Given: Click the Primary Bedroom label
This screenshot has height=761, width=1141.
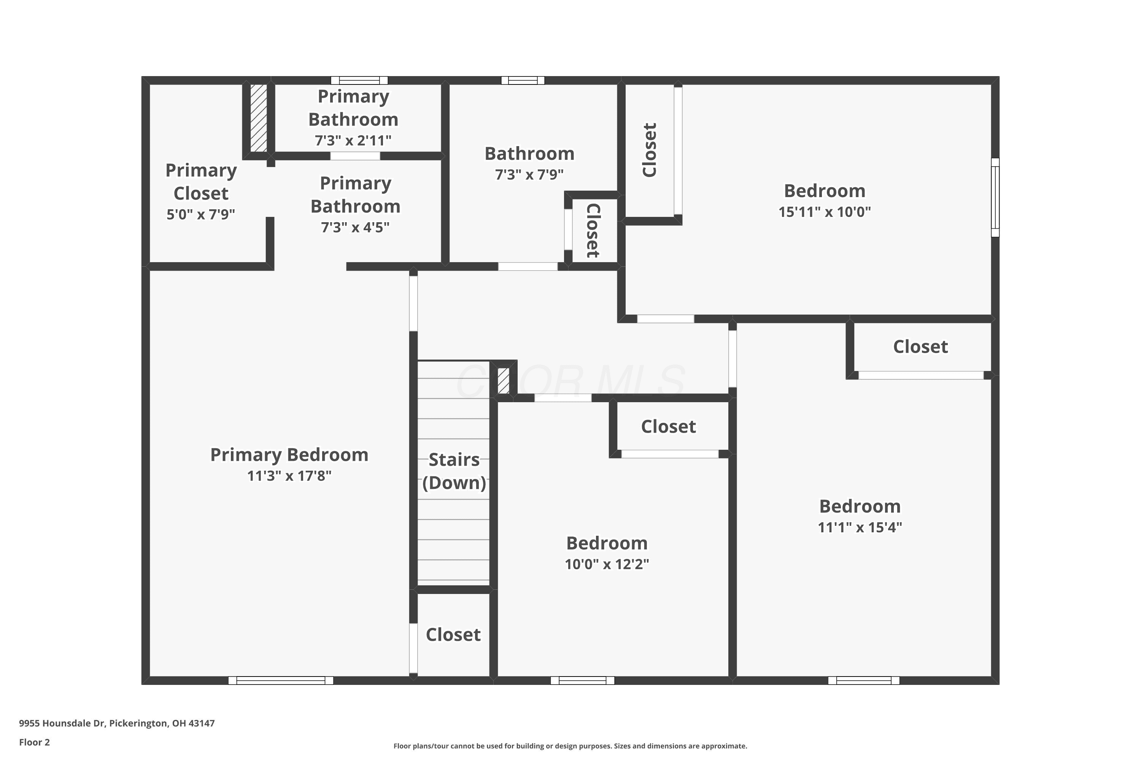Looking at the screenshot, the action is [x=289, y=455].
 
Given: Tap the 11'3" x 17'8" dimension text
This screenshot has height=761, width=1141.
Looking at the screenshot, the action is [x=289, y=476].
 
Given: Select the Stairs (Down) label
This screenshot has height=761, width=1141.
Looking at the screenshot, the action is [x=454, y=471].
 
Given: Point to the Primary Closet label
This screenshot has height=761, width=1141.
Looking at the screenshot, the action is [x=201, y=182].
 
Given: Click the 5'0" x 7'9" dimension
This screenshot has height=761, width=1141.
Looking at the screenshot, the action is [x=201, y=214].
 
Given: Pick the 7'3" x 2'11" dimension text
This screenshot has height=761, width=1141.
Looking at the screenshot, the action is [x=353, y=140].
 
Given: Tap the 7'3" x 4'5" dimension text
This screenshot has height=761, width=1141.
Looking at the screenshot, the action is [x=355, y=227].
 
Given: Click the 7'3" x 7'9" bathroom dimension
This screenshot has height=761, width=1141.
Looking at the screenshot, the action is [x=529, y=174].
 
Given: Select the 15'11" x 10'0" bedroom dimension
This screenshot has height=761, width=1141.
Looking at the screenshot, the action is [x=825, y=212].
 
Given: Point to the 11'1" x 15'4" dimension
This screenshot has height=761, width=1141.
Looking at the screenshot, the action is [x=860, y=527].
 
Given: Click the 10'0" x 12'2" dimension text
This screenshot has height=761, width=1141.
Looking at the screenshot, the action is [x=607, y=564].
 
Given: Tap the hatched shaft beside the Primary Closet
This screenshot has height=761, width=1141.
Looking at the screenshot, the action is [x=259, y=118].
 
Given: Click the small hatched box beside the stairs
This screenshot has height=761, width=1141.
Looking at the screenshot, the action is [x=504, y=381].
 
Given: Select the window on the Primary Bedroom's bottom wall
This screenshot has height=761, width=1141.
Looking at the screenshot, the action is [x=281, y=680].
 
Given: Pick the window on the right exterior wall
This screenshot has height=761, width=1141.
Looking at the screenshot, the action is [x=995, y=197].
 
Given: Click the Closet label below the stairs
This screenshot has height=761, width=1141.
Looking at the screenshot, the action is [x=453, y=635].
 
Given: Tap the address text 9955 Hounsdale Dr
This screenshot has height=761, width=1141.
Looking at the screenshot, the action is [x=62, y=723].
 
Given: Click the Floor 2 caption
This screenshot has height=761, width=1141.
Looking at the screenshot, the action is [x=35, y=742].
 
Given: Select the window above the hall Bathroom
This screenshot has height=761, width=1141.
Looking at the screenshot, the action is [x=523, y=81].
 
